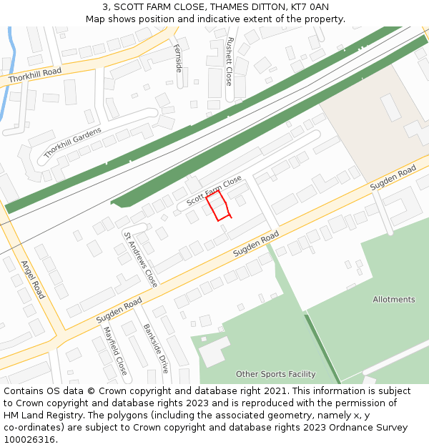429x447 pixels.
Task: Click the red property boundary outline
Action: [219, 205]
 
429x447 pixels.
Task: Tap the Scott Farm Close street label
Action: [214, 192]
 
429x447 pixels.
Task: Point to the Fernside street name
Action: [178, 58]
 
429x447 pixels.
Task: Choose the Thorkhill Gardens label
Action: [72, 142]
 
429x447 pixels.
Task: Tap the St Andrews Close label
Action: [140, 259]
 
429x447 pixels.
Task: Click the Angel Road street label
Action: [33, 279]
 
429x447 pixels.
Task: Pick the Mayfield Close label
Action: [115, 350]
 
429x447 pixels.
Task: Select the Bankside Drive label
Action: [156, 348]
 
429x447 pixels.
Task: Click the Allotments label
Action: [393, 300]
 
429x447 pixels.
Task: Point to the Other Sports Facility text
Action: [275, 374]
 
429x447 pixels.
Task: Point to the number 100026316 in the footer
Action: [29, 439]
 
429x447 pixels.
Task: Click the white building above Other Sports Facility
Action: [213, 350]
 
